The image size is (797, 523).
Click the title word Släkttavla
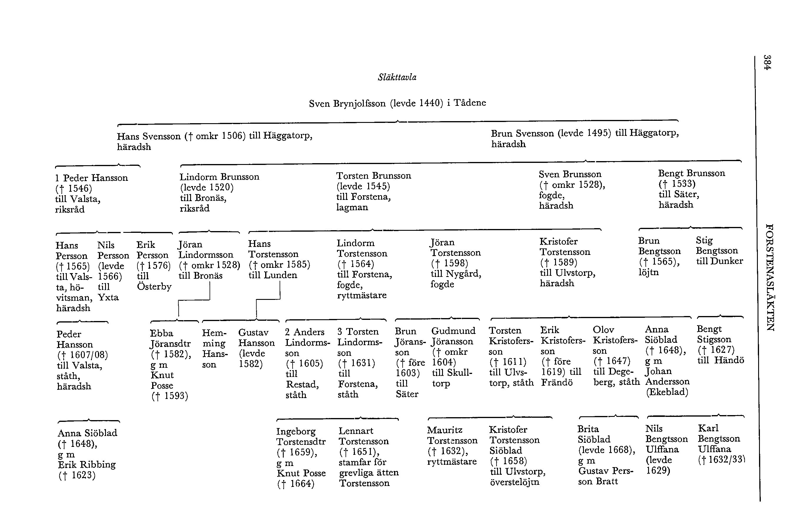[397, 77]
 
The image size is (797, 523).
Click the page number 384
[767, 62]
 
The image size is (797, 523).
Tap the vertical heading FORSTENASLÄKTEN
[770, 277]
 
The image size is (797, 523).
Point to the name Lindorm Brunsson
[219, 177]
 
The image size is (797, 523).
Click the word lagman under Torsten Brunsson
[352, 207]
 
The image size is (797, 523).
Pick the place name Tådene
[470, 102]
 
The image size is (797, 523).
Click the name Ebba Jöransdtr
[170, 338]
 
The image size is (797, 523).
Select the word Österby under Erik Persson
[154, 287]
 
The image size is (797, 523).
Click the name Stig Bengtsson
[717, 245]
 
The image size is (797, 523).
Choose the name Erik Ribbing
[87, 464]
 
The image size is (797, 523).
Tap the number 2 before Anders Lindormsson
[287, 332]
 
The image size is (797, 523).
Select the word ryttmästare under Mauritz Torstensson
[452, 462]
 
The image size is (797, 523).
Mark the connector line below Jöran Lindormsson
[194, 300]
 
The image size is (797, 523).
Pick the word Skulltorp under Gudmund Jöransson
[452, 377]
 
